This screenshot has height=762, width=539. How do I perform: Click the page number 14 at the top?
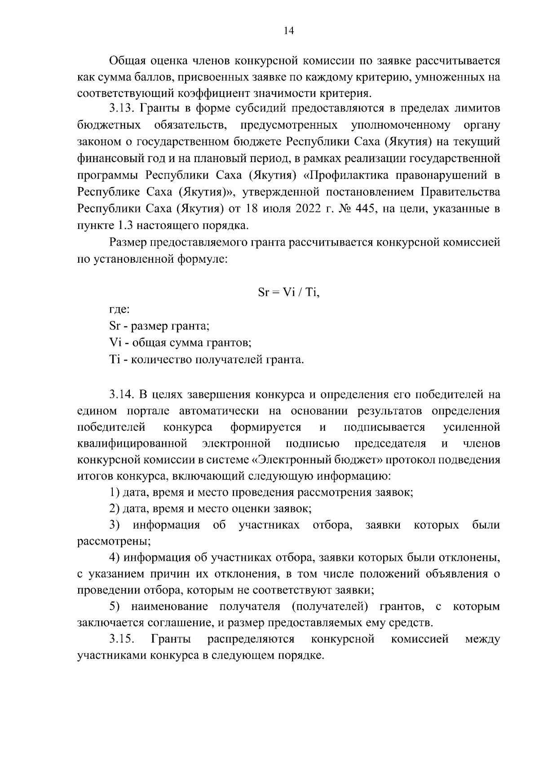(288, 31)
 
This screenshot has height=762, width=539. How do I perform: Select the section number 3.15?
(122, 639)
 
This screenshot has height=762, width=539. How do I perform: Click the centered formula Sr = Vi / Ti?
(288, 292)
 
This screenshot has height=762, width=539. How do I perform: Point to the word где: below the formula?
(120, 310)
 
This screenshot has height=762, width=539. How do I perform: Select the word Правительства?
(460, 192)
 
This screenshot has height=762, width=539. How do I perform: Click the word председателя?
(390, 444)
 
